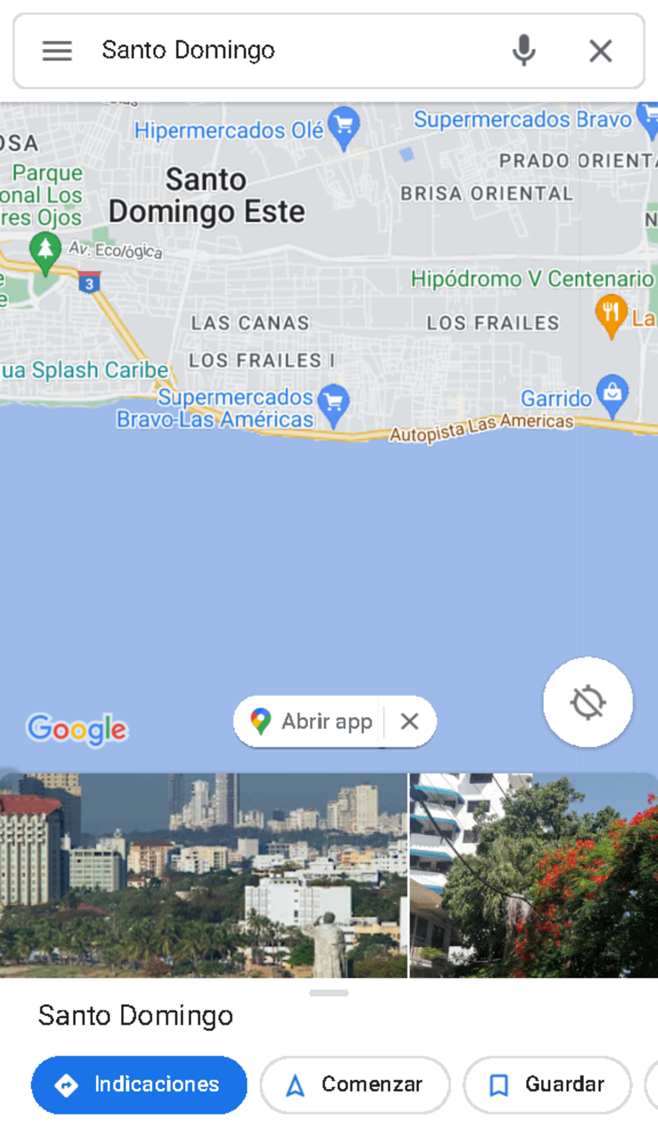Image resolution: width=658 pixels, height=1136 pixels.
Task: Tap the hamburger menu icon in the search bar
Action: (57, 51)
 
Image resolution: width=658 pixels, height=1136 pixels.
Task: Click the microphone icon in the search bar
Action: (524, 50)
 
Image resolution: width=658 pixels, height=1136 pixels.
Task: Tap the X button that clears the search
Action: (600, 51)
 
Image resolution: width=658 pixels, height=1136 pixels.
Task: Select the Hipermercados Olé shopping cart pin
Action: (344, 126)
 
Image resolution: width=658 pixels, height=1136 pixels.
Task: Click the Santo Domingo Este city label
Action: (206, 196)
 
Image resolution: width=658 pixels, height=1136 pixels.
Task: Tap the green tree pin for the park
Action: (46, 251)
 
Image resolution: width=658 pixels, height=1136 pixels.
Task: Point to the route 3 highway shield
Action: (89, 283)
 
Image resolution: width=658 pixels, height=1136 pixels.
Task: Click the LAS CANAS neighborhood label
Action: (250, 323)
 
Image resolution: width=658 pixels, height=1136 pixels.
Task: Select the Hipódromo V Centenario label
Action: (532, 279)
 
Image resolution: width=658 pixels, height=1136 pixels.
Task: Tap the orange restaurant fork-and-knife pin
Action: (611, 313)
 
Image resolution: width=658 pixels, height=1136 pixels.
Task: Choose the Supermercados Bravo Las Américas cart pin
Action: (333, 403)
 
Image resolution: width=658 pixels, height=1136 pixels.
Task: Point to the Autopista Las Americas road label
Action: (481, 428)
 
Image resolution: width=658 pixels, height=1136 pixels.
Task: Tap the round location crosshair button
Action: (588, 702)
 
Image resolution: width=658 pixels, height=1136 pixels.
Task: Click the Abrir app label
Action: (327, 722)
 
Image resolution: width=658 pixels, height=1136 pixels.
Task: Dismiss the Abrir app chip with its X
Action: (410, 722)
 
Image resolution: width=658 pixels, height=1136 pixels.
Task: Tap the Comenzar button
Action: (355, 1084)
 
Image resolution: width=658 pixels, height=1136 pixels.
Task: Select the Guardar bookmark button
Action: (547, 1084)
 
